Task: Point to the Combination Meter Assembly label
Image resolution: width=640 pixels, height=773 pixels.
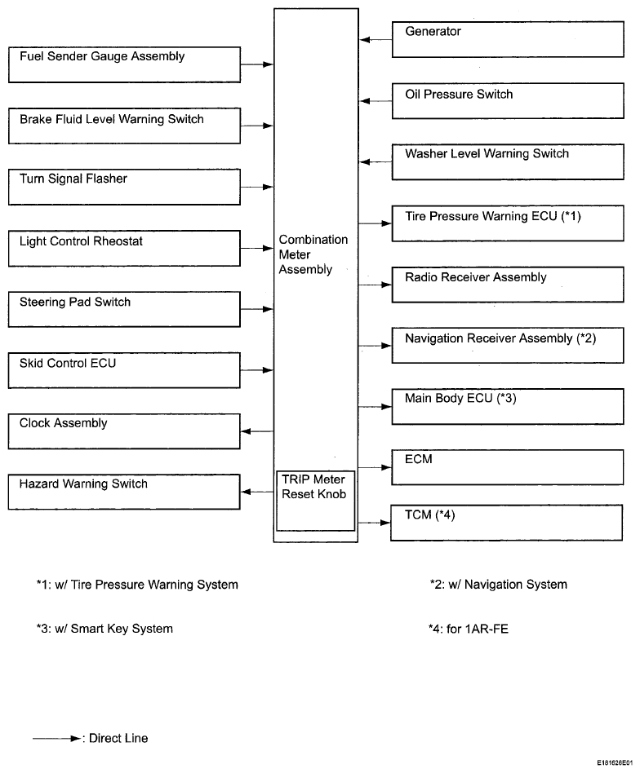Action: click(x=313, y=254)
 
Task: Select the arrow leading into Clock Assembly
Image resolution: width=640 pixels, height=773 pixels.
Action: click(x=257, y=431)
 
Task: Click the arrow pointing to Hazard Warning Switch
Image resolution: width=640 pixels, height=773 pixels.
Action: click(x=257, y=492)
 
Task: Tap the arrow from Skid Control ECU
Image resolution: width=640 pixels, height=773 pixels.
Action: click(x=257, y=370)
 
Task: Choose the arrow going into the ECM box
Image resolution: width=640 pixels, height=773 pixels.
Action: click(x=375, y=467)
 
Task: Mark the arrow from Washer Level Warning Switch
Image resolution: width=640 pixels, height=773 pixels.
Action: click(x=376, y=161)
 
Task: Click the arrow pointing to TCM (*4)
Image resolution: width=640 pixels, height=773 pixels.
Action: click(x=375, y=523)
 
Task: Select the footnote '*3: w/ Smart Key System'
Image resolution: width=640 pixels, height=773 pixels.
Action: click(x=104, y=629)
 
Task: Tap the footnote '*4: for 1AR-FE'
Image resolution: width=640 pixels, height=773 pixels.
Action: click(x=469, y=629)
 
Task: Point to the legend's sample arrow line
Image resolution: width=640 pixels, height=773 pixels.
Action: click(x=57, y=739)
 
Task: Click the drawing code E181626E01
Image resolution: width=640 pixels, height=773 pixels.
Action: click(x=615, y=763)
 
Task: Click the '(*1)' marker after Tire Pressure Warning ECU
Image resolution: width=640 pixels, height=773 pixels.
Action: click(x=571, y=216)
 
